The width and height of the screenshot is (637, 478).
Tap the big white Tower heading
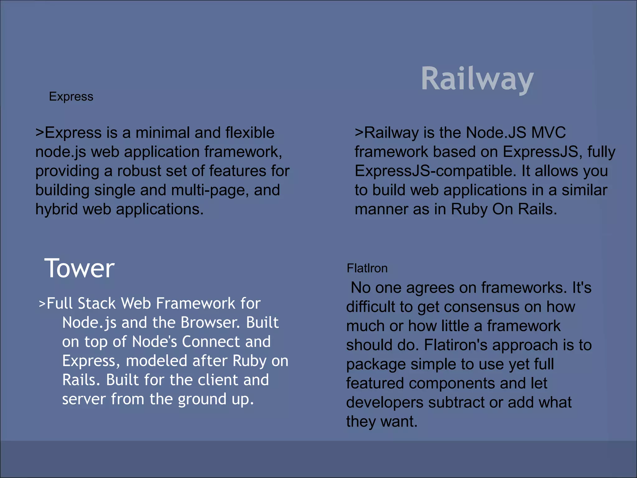pyautogui.click(x=79, y=268)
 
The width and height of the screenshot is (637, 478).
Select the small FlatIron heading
pyautogui.click(x=367, y=268)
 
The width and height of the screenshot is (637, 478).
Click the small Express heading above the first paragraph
pyautogui.click(x=71, y=96)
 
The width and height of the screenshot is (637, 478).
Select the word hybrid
pyautogui.click(x=57, y=209)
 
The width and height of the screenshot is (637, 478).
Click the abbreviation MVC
pyautogui.click(x=548, y=133)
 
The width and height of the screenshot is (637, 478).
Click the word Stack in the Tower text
pyautogui.click(x=97, y=303)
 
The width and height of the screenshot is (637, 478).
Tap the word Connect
pyautogui.click(x=211, y=342)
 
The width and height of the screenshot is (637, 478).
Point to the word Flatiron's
pyautogui.click(x=456, y=345)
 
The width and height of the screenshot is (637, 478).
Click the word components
pyautogui.click(x=452, y=383)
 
